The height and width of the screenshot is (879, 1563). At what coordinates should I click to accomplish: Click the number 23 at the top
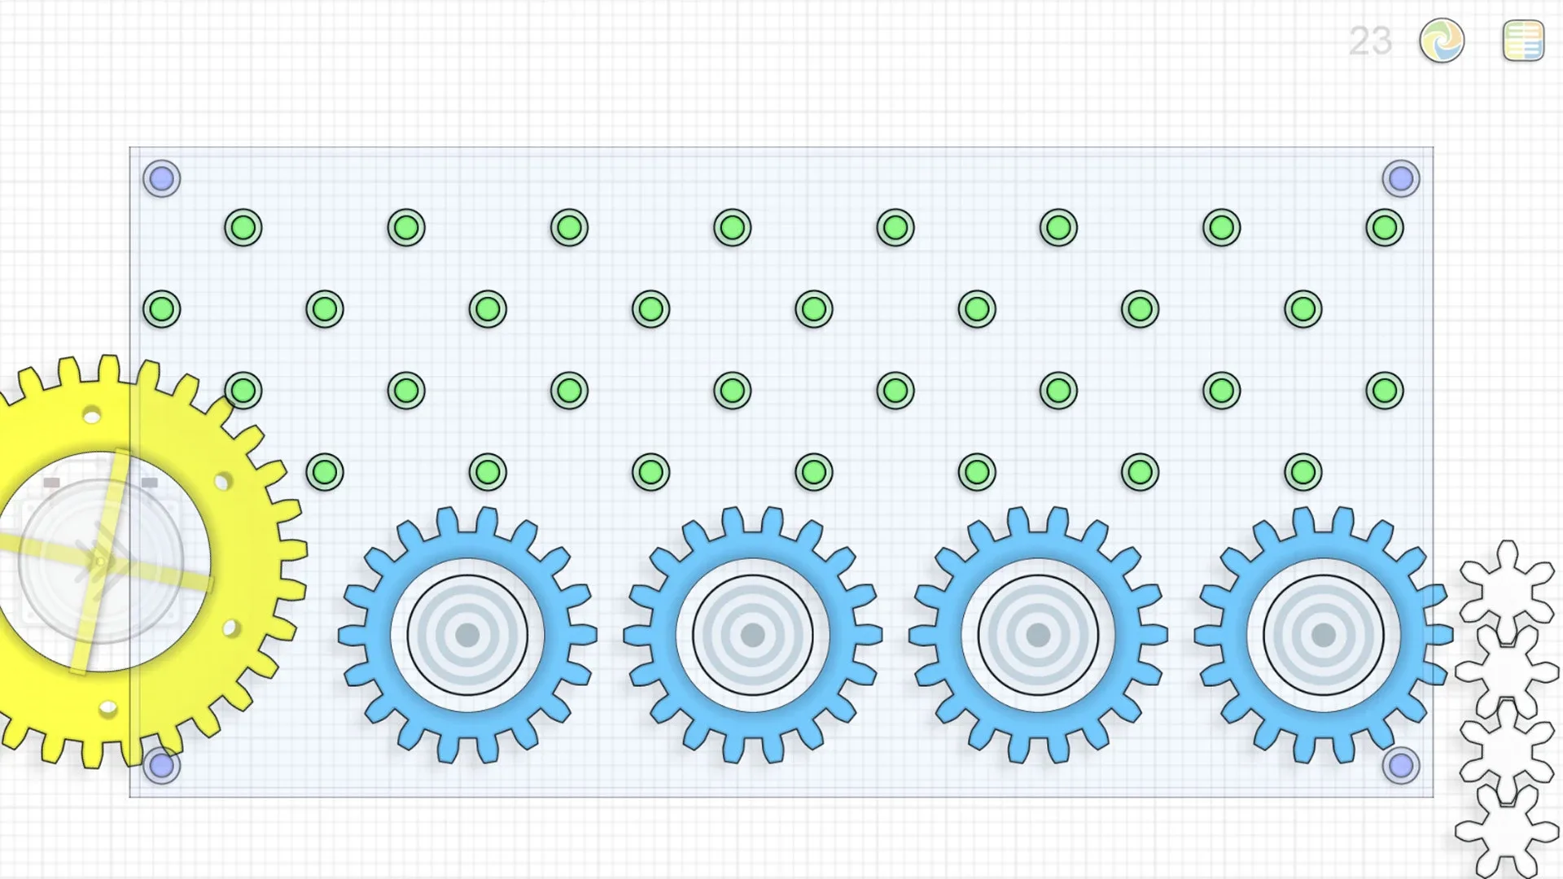[1370, 42]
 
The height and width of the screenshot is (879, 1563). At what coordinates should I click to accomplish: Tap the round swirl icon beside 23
[1442, 41]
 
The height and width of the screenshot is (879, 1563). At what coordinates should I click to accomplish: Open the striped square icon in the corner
[1523, 42]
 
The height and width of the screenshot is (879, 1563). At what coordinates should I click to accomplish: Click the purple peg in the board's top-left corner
[162, 179]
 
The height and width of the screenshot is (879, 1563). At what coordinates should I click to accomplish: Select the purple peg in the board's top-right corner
[1401, 179]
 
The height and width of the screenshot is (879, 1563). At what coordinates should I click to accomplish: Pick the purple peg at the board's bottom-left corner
[162, 766]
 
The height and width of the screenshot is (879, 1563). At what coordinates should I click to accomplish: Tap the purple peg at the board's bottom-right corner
[1401, 766]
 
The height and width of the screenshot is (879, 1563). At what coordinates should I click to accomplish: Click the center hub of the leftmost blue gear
[467, 635]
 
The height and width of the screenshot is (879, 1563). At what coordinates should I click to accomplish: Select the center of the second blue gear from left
[753, 635]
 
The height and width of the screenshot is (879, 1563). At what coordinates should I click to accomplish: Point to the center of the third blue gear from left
[1038, 635]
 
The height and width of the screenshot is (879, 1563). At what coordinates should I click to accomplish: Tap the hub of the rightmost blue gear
[1324, 635]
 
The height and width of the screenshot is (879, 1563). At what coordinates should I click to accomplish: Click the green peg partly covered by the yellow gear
[243, 391]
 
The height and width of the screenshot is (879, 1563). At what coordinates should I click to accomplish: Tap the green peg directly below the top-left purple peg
[162, 309]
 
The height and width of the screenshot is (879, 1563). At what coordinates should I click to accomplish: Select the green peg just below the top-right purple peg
[1385, 228]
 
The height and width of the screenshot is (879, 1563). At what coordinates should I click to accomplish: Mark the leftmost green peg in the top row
[243, 228]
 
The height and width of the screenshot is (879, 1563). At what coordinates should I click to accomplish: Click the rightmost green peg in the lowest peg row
[1303, 472]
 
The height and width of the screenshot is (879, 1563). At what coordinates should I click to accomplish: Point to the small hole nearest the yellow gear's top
[92, 417]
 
